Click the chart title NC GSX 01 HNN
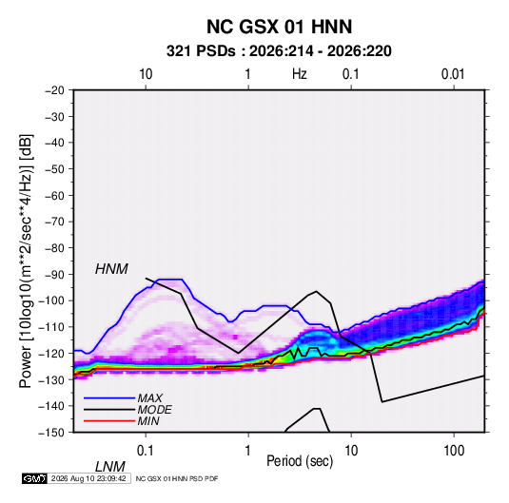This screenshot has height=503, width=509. (x=279, y=27)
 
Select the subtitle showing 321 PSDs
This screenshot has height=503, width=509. (x=279, y=51)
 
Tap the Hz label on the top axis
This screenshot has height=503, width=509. (x=300, y=74)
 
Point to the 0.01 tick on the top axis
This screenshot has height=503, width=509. (x=453, y=74)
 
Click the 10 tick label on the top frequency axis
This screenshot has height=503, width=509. (x=146, y=74)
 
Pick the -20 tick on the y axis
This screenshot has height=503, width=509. (x=54, y=90)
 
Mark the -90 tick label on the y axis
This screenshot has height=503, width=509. (x=54, y=274)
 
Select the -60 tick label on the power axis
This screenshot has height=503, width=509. (x=54, y=195)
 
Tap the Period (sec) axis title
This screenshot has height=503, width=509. (x=300, y=461)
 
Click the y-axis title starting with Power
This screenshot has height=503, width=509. (x=26, y=261)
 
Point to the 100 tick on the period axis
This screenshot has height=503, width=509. (x=454, y=451)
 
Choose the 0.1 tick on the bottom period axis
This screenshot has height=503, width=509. (x=146, y=451)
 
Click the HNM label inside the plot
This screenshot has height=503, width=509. (x=111, y=269)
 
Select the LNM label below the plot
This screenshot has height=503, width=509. (x=109, y=467)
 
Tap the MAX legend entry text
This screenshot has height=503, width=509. (x=149, y=398)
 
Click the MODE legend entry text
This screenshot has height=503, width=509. (x=154, y=410)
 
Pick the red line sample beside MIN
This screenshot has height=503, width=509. (x=109, y=421)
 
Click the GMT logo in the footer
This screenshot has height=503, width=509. (x=35, y=478)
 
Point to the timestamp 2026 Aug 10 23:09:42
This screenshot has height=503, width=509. (x=88, y=478)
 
